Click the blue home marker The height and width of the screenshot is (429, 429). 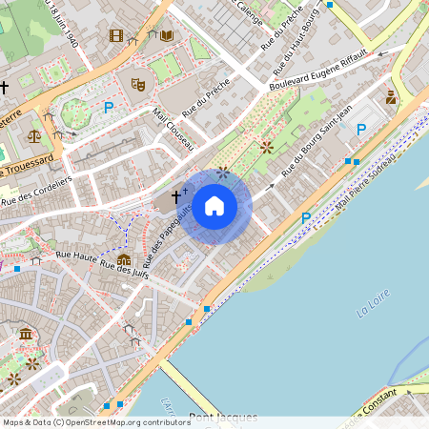(x=214, y=206)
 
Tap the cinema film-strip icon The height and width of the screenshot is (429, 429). (x=116, y=36)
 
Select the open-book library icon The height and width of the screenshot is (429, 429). (x=167, y=36)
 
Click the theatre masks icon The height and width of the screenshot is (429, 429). (x=137, y=84)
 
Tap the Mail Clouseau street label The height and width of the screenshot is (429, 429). (x=174, y=130)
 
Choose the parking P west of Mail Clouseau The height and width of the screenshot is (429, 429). (x=108, y=108)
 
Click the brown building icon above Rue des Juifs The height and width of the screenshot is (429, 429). (x=124, y=259)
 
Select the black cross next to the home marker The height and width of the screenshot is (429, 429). (x=175, y=193)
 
